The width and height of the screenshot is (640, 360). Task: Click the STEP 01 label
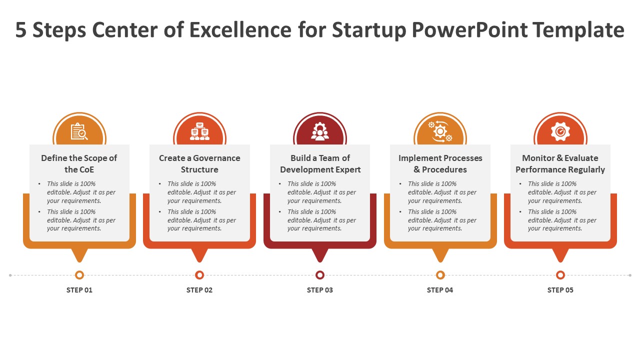(79, 290)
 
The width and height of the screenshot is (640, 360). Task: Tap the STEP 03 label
(319, 290)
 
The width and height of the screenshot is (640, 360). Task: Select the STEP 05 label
(560, 290)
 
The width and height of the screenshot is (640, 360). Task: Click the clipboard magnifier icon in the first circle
(79, 131)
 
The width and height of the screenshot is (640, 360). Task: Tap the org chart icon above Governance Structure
(199, 131)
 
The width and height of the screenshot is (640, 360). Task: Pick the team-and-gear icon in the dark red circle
(319, 131)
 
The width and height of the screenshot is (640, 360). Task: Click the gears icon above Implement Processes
(440, 131)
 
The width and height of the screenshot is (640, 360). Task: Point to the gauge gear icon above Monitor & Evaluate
(560, 131)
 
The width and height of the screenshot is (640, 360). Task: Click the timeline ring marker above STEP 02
(199, 275)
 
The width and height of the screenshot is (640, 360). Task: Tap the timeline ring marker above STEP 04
(440, 275)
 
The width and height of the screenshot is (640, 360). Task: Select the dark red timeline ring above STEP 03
(319, 275)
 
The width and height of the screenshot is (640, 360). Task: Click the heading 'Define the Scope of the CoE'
(79, 163)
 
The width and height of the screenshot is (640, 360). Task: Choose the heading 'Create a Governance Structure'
(199, 163)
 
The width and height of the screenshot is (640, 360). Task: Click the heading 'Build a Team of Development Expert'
(320, 163)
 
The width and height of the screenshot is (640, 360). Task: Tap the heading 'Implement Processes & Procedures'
(440, 163)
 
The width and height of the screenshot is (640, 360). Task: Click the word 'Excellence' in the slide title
(240, 29)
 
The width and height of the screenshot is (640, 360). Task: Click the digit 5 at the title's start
(20, 29)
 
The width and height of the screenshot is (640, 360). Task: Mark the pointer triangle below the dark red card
(319, 255)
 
